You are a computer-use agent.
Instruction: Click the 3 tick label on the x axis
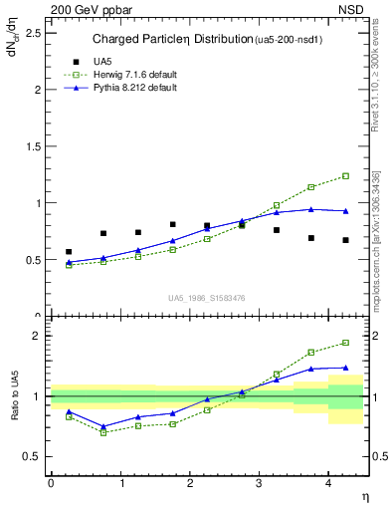pos(260,482)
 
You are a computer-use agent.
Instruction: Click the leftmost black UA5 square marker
pos(69,252)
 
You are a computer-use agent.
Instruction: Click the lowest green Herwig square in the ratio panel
pos(103,432)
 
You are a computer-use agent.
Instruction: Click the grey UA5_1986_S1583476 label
pos(207,298)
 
